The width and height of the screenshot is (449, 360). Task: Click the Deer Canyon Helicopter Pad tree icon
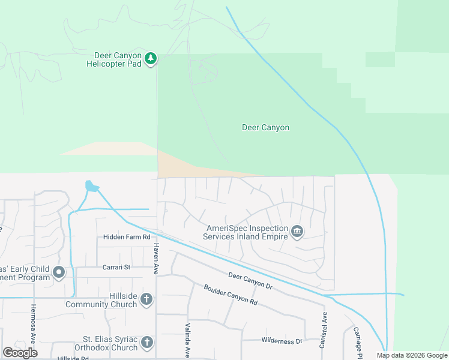tap(151, 58)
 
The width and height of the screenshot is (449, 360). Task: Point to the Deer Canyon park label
tap(265, 127)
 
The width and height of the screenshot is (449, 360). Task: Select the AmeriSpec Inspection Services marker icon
tap(297, 232)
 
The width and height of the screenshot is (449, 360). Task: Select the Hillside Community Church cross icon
tap(146, 299)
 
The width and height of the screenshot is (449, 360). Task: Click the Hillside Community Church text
tap(110, 300)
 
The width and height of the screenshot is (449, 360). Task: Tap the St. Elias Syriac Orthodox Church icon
tap(146, 343)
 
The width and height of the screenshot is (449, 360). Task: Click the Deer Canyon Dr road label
tap(250, 281)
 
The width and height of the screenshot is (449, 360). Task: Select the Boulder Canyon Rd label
tap(231, 294)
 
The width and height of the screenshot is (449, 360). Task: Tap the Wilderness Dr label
tap(282, 341)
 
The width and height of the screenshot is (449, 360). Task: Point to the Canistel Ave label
tap(325, 330)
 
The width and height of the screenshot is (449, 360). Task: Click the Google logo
tap(20, 352)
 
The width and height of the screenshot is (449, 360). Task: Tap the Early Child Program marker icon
tap(59, 273)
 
